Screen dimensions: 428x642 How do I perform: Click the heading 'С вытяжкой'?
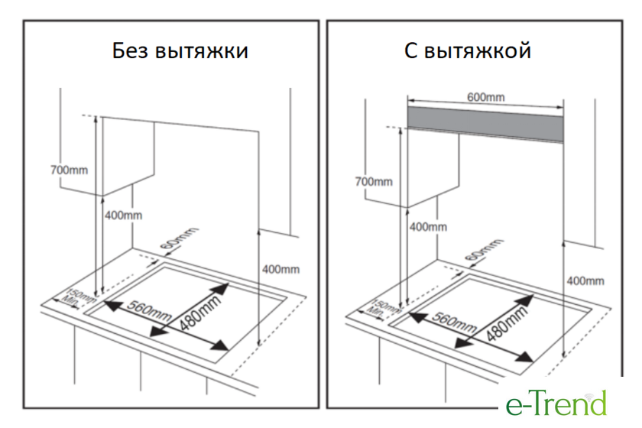click(x=468, y=51)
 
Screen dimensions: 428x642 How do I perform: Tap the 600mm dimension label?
click(x=485, y=97)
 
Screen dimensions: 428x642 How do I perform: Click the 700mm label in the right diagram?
click(x=374, y=181)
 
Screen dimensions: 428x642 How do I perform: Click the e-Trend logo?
click(x=556, y=402)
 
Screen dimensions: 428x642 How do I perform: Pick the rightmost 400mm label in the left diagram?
click(x=280, y=269)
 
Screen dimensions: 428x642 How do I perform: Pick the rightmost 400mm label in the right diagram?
click(x=585, y=280)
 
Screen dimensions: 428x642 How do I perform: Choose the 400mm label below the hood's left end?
click(x=428, y=226)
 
